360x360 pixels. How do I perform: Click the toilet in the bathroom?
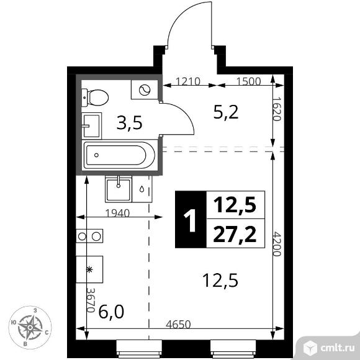[x=95, y=98]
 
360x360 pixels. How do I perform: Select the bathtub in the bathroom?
[x=119, y=155]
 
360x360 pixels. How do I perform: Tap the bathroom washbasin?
[x=92, y=125]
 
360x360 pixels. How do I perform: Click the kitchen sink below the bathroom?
[x=119, y=189]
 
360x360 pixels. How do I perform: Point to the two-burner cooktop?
[x=89, y=236]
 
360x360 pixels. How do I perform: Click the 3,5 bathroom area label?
[x=130, y=123]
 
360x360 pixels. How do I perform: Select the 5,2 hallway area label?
[x=226, y=112]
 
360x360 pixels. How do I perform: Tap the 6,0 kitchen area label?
[x=111, y=312]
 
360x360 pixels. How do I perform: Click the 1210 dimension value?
[x=188, y=81]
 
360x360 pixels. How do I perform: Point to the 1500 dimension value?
[x=249, y=81]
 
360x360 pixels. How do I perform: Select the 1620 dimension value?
[x=277, y=109]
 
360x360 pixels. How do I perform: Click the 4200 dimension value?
[x=277, y=244]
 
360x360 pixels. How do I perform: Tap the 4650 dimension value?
[x=178, y=325]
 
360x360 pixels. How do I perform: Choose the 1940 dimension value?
[x=117, y=214]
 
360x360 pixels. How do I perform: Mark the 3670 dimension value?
[x=91, y=300]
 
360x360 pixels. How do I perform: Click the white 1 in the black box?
[x=190, y=220]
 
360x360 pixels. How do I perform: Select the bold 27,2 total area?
[x=235, y=234]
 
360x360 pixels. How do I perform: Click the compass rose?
[x=30, y=327]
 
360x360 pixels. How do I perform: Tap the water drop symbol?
[x=142, y=189]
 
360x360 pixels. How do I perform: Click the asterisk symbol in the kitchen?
[x=89, y=269]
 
